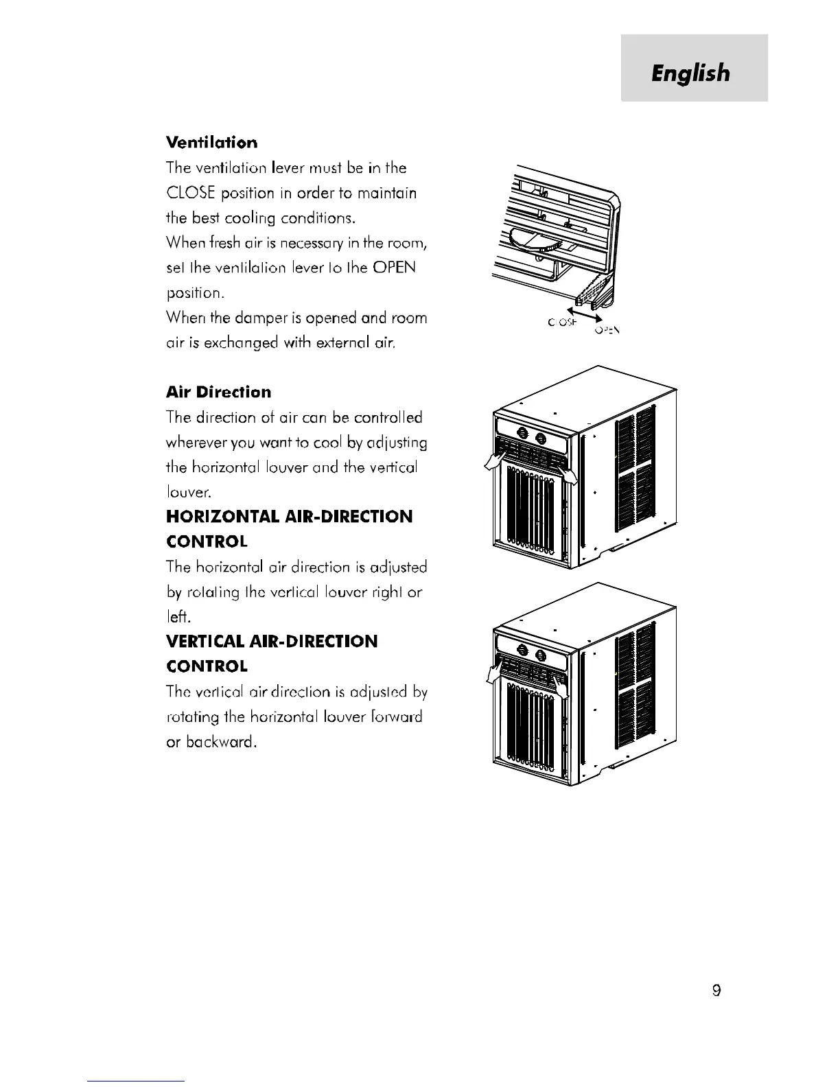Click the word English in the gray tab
coord(691,73)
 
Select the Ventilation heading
coord(212,143)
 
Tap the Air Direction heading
coord(218,392)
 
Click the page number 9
coord(716,990)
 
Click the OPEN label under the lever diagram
coord(607,330)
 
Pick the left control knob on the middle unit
coord(523,434)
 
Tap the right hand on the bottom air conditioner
coord(562,688)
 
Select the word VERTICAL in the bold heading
coord(207,641)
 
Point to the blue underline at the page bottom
coord(136,1080)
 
